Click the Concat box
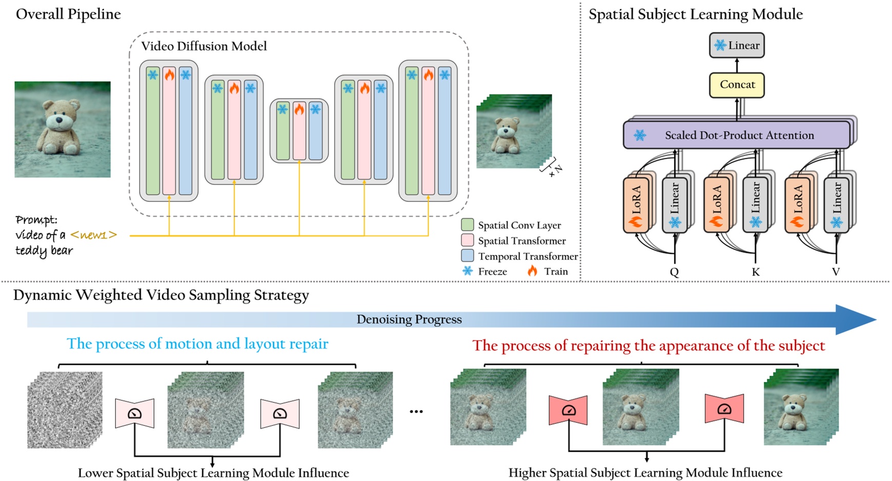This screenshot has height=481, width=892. pos(736,85)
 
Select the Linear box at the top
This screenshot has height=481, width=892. pos(737,45)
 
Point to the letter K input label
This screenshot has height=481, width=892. pos(755,272)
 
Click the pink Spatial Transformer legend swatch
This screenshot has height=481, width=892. pos(467,240)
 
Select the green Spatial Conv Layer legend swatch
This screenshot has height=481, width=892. pos(467,225)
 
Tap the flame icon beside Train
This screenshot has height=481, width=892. pos(532,271)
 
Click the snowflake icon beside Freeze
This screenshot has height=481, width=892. pos(468,271)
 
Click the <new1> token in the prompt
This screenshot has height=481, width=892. pos(93,235)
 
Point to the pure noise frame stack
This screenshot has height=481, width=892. pos(65,410)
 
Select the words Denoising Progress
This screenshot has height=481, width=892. pos(409,320)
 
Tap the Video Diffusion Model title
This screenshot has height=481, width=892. pos(204,46)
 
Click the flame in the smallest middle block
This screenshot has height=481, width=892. pos(299,109)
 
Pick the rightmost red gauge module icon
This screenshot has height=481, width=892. pos(724,409)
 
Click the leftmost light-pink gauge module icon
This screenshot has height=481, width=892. pos(134,413)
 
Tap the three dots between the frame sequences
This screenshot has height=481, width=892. pos(416,412)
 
